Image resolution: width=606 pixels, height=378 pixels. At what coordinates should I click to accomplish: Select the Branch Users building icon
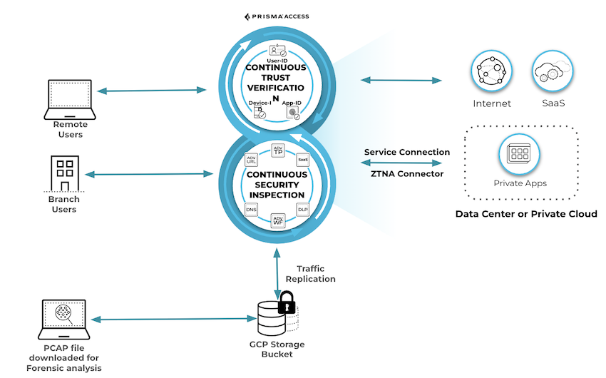pyautogui.click(x=65, y=173)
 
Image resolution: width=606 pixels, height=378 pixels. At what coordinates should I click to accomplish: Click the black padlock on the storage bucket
pyautogui.click(x=287, y=302)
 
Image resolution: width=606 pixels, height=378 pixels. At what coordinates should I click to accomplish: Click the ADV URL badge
pyautogui.click(x=251, y=160)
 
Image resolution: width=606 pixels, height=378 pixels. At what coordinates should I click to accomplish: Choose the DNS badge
pyautogui.click(x=251, y=210)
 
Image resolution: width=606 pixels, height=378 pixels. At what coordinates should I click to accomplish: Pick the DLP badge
pyautogui.click(x=302, y=210)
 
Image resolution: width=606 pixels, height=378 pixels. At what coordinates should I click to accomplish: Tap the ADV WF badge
pyautogui.click(x=279, y=220)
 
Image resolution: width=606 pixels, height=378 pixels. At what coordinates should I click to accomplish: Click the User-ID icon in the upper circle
pyautogui.click(x=277, y=51)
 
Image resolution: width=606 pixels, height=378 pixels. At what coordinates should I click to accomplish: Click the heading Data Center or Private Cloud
pyautogui.click(x=526, y=214)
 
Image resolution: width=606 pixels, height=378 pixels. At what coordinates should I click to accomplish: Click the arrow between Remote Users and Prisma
pyautogui.click(x=151, y=91)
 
